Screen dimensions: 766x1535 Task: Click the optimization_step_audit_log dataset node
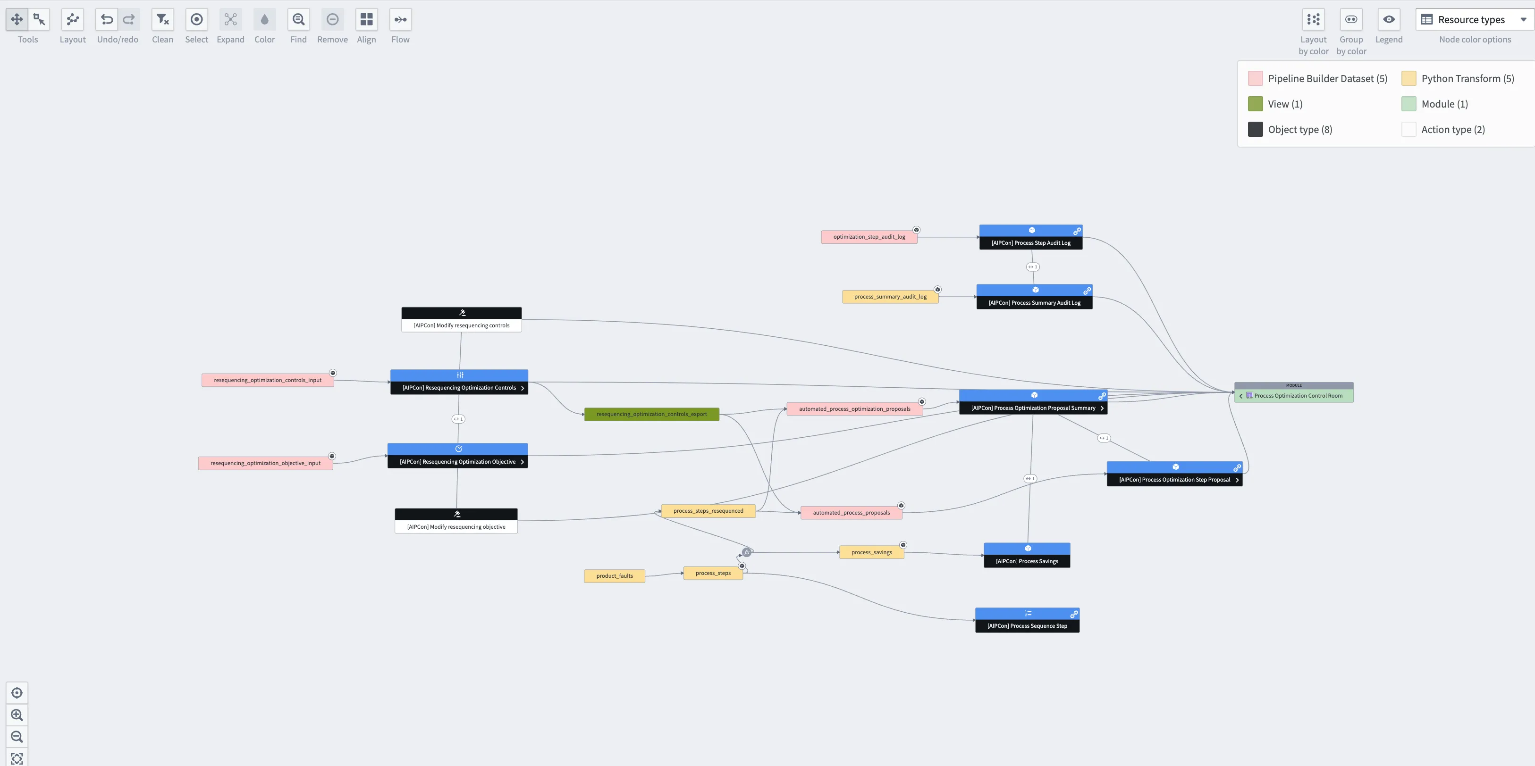869,237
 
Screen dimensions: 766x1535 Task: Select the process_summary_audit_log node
890,297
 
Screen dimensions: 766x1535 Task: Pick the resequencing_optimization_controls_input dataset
267,380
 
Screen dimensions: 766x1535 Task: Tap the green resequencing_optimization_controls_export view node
651,414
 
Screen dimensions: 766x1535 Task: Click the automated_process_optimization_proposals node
854,408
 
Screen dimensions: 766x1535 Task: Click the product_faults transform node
615,576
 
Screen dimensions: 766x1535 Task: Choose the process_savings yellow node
871,552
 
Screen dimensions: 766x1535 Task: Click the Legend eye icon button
1388,20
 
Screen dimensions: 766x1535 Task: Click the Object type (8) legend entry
1299,129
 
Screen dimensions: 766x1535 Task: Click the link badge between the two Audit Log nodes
1033,267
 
